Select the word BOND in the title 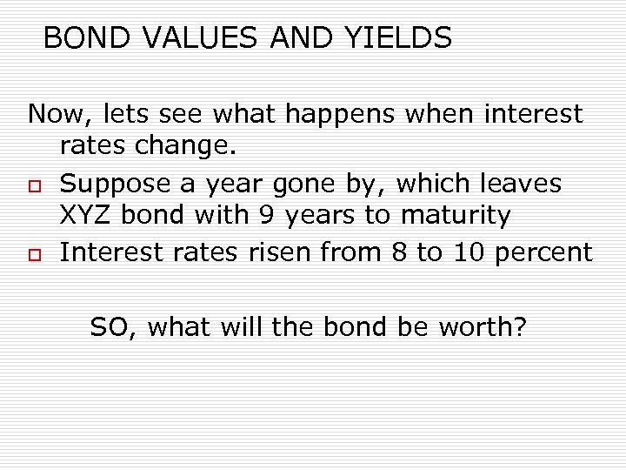point(81,38)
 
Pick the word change point(190,149)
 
